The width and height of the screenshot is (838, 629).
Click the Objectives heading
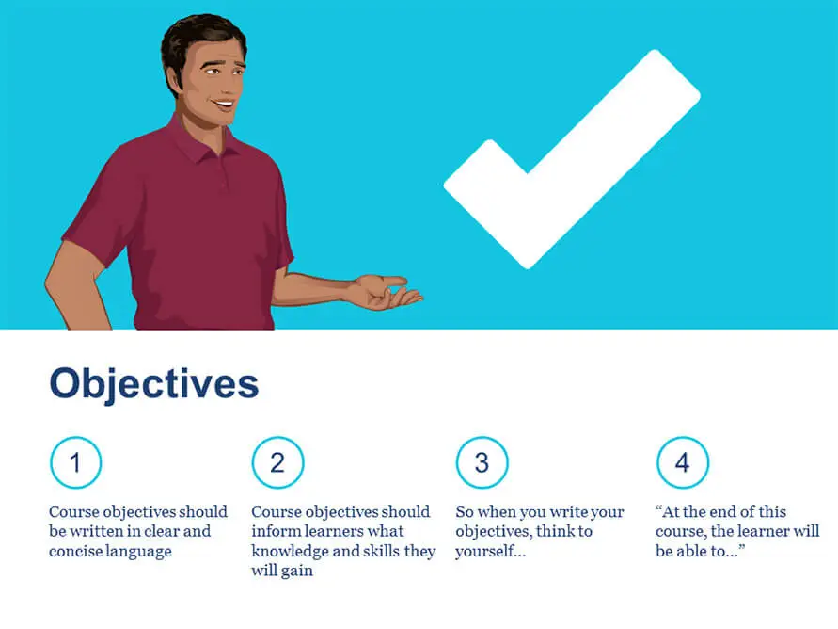tap(154, 384)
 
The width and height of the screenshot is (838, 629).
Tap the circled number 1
tap(76, 462)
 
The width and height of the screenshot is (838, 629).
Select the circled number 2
tap(277, 462)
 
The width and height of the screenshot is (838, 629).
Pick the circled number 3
tap(482, 462)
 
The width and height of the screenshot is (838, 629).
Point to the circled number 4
tap(683, 462)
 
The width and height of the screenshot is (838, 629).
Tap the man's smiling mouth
tap(223, 104)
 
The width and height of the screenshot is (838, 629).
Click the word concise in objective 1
tap(72, 551)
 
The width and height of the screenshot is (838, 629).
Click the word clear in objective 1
tap(163, 531)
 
